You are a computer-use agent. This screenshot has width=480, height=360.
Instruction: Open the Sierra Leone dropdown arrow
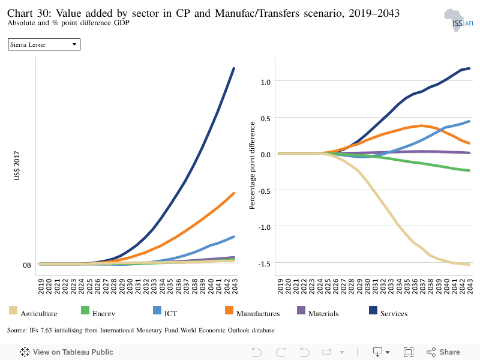[74, 44]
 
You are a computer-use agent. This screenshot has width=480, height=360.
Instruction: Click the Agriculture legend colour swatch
[13, 310]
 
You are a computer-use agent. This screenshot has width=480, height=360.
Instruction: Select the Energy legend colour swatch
[85, 310]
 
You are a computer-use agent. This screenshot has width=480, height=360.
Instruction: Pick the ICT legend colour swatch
[157, 310]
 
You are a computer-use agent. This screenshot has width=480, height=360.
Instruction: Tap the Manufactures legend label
[258, 313]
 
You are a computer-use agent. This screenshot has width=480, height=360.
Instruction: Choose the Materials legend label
[323, 313]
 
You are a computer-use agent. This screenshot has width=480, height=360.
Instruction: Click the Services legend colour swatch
[373, 310]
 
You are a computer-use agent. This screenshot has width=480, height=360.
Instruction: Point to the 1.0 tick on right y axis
[265, 82]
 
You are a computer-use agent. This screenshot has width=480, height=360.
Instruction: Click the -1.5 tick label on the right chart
[265, 263]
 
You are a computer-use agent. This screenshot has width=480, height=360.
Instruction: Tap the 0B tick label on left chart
[27, 265]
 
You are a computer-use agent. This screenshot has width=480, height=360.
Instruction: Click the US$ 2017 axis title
[17, 166]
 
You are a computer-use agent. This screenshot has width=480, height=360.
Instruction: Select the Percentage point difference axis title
[252, 166]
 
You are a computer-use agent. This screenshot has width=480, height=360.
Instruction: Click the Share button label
[449, 352]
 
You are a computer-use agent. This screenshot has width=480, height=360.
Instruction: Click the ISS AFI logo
[458, 20]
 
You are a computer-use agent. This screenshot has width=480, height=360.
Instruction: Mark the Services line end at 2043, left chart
[234, 68]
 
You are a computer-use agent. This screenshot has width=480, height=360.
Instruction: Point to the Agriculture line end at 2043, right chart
[469, 265]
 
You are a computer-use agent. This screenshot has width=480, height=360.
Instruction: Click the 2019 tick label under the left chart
[41, 286]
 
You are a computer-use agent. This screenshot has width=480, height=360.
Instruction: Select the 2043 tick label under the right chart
[470, 286]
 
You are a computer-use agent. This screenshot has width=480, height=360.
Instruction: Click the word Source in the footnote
[17, 331]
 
